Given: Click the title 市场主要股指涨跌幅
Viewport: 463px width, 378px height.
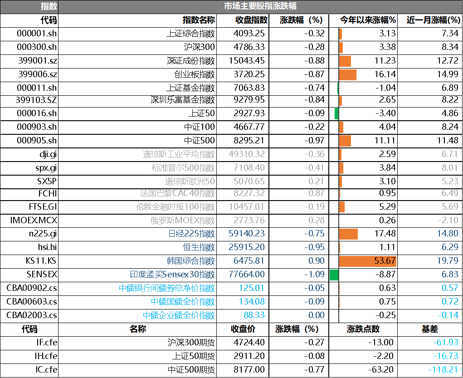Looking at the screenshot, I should pos(260,6).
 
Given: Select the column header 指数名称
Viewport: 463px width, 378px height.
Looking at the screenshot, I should pos(199,20).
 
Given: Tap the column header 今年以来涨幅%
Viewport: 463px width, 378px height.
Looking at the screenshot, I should pos(368,20).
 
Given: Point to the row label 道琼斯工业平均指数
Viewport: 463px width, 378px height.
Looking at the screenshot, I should pos(179,154).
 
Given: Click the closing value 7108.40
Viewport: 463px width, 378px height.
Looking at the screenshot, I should pos(249,168).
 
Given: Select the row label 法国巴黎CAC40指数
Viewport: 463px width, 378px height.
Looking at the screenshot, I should pos(177,193).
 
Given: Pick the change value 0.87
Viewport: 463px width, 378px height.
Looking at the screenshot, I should pos(316,193).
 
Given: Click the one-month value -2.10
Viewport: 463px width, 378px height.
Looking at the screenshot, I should pos(449,221).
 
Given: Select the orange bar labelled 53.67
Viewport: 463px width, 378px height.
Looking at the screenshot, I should pos(367,261).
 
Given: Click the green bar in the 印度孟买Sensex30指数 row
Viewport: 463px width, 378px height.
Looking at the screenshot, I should pos(334,275).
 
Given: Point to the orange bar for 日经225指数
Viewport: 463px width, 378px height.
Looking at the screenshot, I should pos(348,234).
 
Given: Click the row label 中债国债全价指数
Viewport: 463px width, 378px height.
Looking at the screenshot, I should pos(183,302).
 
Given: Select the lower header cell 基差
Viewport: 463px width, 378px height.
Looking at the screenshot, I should pos(429,329).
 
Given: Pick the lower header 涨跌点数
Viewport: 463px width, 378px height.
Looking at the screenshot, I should pos(363,329).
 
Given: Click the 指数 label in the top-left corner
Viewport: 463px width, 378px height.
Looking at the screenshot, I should pos(49,7).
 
